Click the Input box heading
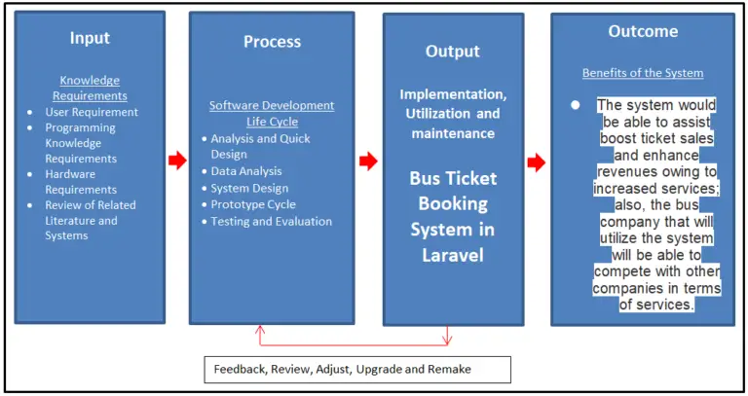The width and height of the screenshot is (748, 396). tap(90, 38)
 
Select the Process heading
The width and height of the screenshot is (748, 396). tap(271, 42)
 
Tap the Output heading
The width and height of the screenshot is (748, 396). tap(453, 51)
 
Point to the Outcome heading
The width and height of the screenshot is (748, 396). tap(643, 31)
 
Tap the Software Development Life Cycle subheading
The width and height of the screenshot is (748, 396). tap(272, 113)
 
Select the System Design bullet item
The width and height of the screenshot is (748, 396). tap(249, 188)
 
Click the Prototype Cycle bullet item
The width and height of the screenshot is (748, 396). tap(253, 204)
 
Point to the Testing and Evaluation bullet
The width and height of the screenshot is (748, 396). tap(271, 221)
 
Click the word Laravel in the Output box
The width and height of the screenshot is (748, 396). tap(453, 255)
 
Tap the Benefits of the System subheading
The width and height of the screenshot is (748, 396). tap(643, 73)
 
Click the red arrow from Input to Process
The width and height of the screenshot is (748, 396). tap(176, 161)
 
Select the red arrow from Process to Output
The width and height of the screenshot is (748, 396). tap(368, 161)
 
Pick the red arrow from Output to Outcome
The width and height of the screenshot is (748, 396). tap(536, 162)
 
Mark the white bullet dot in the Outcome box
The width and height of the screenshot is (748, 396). tap(576, 104)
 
